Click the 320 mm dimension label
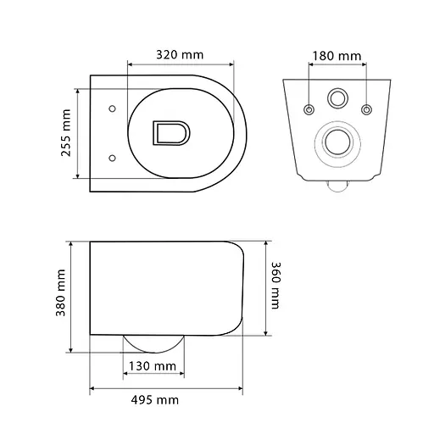[180, 54]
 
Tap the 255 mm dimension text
[66, 133]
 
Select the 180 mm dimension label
[337, 56]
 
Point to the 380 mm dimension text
[60, 292]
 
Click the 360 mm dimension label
[275, 286]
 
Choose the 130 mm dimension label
[153, 366]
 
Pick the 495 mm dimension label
[155, 400]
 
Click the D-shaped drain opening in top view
[171, 133]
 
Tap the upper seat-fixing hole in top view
[112, 108]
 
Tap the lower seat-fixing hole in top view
[112, 158]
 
